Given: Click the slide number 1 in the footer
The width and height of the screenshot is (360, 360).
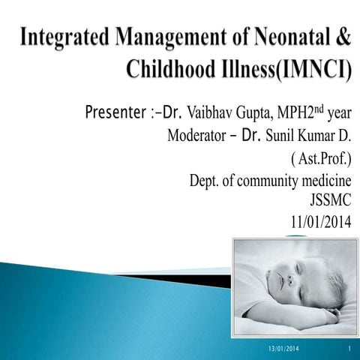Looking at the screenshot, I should point(350,350).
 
